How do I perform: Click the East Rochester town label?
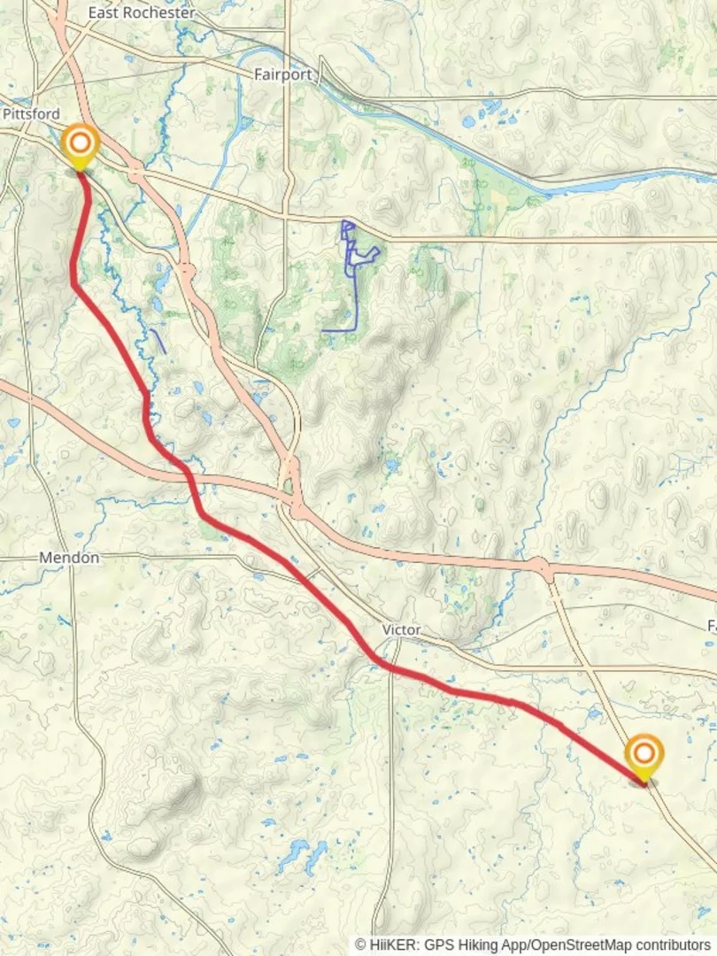pyautogui.click(x=142, y=13)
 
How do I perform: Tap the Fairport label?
pyautogui.click(x=283, y=74)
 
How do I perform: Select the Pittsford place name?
pyautogui.click(x=31, y=114)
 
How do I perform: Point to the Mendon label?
pyautogui.click(x=69, y=558)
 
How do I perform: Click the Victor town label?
pyautogui.click(x=401, y=629)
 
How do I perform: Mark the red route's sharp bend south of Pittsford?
pyautogui.click(x=74, y=283)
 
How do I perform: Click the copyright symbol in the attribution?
pyautogui.click(x=360, y=944)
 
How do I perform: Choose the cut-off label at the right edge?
pyautogui.click(x=711, y=626)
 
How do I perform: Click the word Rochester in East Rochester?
pyautogui.click(x=165, y=13)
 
